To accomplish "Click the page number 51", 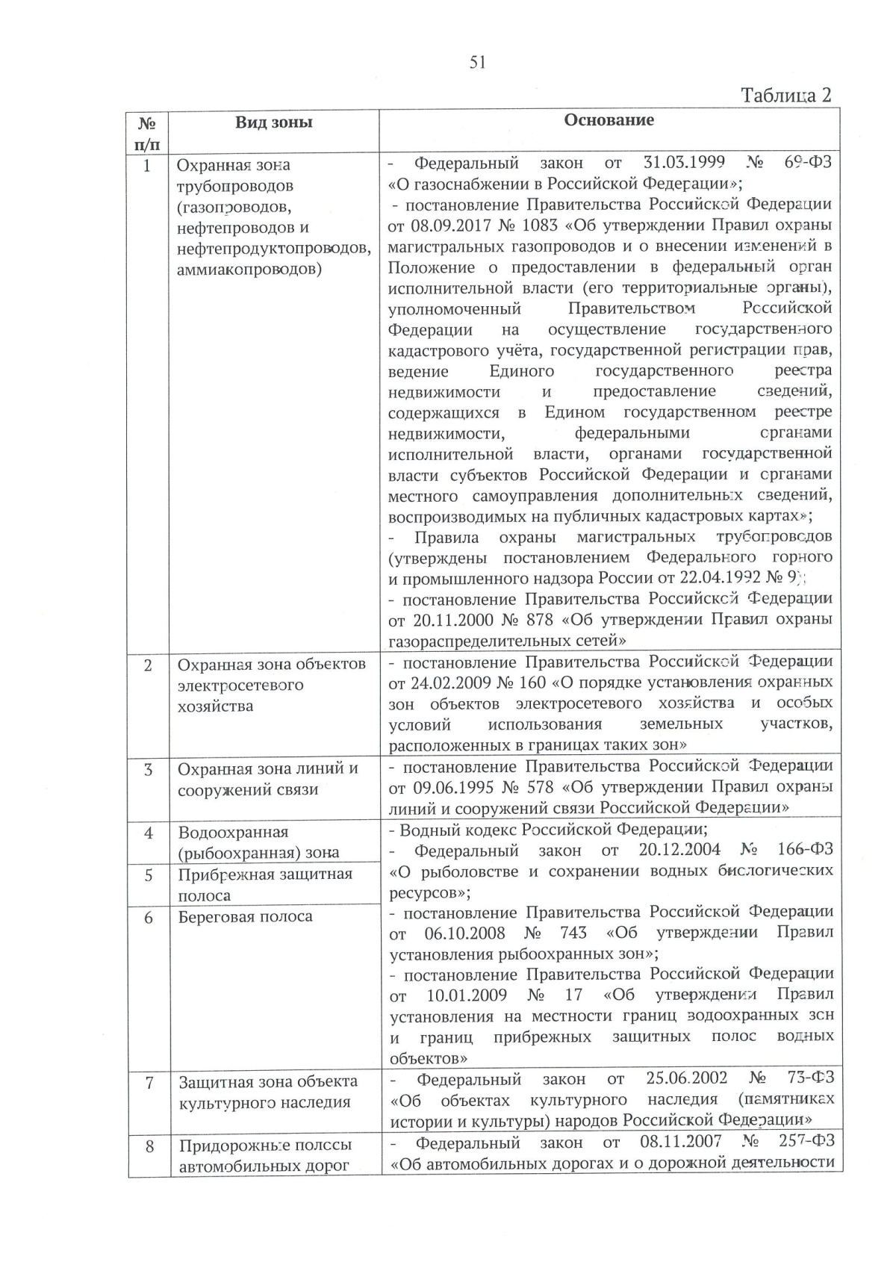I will [478, 63].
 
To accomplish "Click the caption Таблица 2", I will [785, 96].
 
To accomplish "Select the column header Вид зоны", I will [274, 122].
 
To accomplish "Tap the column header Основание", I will [609, 120].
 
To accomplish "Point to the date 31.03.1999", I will [679, 163].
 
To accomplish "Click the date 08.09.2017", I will [446, 225].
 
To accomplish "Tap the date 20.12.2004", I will [679, 850].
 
